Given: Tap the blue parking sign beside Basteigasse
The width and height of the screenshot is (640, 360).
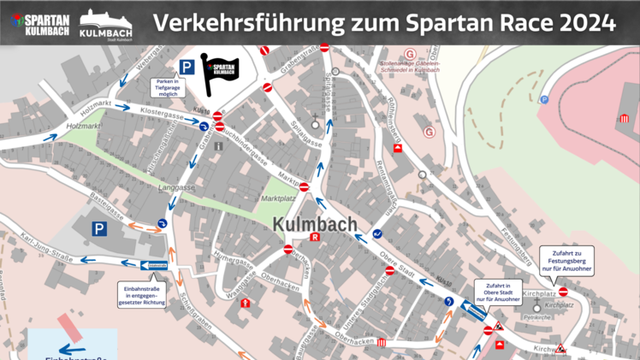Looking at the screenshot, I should [x=100, y=228].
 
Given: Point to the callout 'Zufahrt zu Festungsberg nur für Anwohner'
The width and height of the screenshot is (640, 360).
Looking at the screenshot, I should [x=566, y=260].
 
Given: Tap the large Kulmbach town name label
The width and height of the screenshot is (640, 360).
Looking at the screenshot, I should [x=314, y=224].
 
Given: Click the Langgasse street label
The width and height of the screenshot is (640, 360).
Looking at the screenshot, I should [x=177, y=187].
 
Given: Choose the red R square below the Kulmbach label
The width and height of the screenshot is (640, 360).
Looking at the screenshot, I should [x=314, y=238].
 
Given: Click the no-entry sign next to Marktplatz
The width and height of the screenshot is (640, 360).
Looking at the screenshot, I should [x=304, y=186].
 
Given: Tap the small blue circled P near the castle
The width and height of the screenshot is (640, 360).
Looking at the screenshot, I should [x=544, y=99].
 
